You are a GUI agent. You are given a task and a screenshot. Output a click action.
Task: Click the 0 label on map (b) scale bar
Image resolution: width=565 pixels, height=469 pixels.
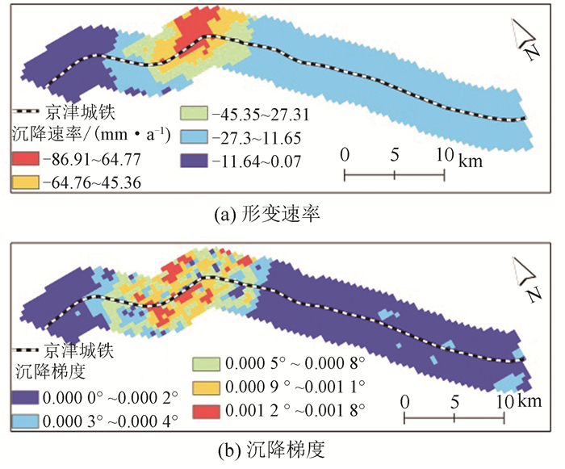pos(404,401)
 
